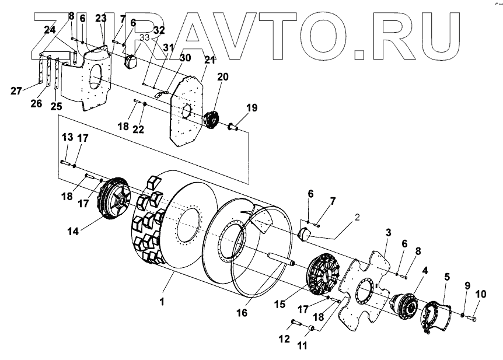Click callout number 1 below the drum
point(163,302)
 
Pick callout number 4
point(425,270)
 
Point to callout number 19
point(251,108)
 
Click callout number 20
point(223,77)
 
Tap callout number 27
point(16,90)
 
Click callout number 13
point(67,137)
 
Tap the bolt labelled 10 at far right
point(471,319)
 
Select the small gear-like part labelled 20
point(211,119)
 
